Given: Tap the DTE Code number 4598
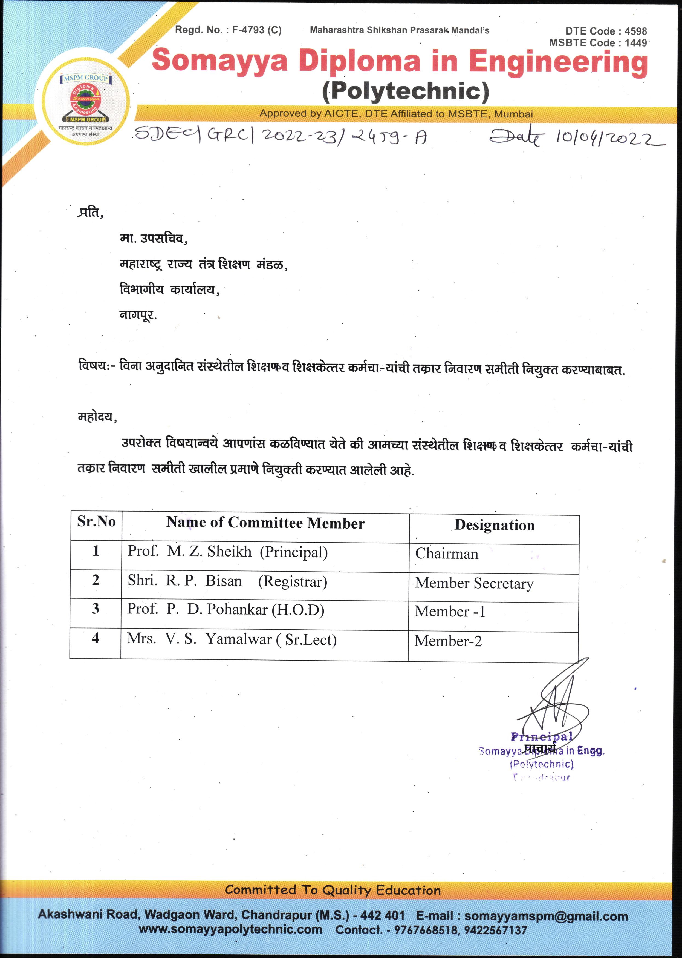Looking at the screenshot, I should (x=635, y=31).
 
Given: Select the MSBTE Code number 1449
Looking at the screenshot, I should (x=635, y=43).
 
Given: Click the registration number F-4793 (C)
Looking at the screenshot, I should (x=257, y=30).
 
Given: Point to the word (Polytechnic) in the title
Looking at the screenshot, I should (x=405, y=91).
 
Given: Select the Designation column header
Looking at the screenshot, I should (x=494, y=525).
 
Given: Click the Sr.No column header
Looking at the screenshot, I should (x=96, y=522).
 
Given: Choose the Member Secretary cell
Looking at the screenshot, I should (x=474, y=583).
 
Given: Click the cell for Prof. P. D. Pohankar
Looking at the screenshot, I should (x=226, y=610).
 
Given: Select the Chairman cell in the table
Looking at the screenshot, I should (x=447, y=554).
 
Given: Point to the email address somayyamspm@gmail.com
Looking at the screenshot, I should (x=546, y=916).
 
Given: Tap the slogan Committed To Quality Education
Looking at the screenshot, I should (x=333, y=890).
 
